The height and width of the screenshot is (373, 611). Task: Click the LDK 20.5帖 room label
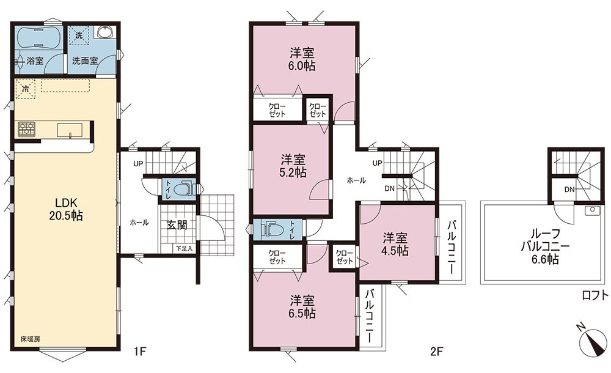(x=66, y=209)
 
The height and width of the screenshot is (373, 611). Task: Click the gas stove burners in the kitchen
(x=26, y=129)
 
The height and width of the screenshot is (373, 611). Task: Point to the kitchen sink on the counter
(x=70, y=130)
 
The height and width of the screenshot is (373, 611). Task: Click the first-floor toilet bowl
(x=181, y=190)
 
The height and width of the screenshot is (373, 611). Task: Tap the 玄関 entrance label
(x=177, y=225)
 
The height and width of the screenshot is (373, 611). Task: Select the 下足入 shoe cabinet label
(x=183, y=248)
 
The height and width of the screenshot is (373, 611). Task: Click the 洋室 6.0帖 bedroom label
(x=302, y=59)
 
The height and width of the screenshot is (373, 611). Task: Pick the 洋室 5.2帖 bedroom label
(x=293, y=166)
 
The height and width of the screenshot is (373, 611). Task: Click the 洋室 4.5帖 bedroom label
(x=395, y=244)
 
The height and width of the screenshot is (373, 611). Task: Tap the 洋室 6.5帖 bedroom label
(x=302, y=306)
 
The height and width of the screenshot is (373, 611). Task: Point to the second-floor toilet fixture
(x=272, y=229)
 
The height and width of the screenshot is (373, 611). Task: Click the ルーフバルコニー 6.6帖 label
(x=545, y=246)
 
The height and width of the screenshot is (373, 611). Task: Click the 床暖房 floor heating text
(x=30, y=339)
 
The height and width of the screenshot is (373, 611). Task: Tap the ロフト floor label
(x=595, y=295)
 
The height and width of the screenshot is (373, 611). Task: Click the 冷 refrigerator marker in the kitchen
(x=26, y=89)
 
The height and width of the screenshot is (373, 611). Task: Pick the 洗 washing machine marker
(x=79, y=35)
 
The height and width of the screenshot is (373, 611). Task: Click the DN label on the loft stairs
(x=569, y=190)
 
